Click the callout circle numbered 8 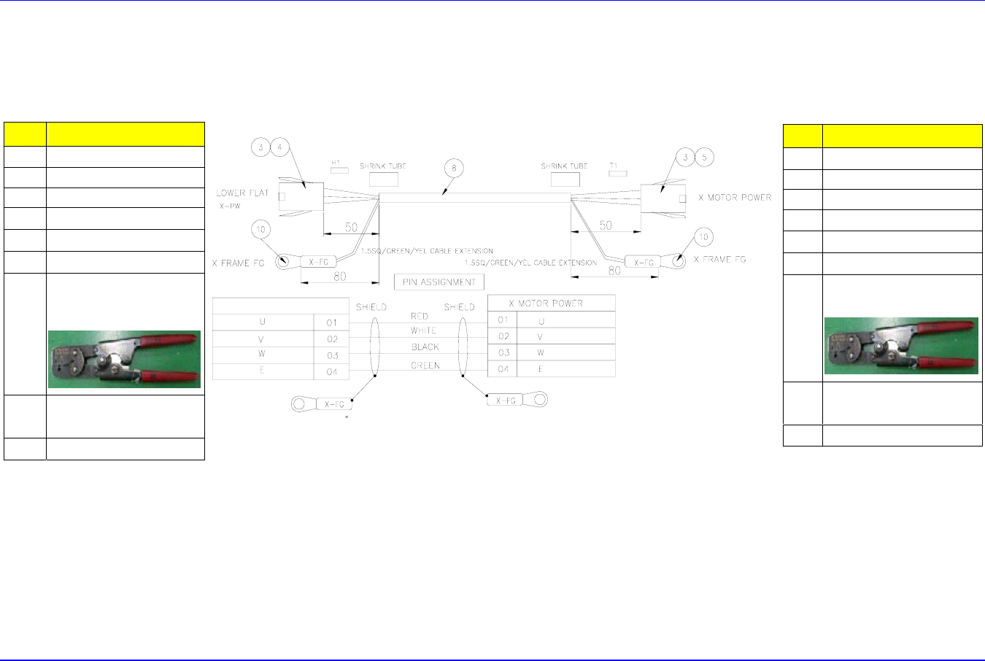[454, 169]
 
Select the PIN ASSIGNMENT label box [439, 282]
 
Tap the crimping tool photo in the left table [124, 359]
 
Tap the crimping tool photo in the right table [901, 346]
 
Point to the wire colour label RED [420, 316]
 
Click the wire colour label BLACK [425, 347]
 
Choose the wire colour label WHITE [423, 330]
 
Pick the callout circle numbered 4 [280, 147]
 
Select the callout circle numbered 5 [703, 157]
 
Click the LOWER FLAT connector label [242, 193]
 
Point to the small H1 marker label [336, 163]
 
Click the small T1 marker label [613, 166]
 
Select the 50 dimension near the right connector [606, 225]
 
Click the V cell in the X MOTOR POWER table [541, 336]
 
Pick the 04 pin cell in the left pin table [332, 371]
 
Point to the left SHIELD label [371, 307]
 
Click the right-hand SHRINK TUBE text [565, 166]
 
